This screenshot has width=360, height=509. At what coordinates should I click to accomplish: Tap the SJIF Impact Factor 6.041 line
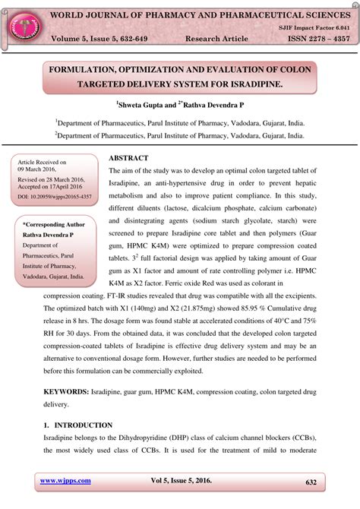coord(314,26)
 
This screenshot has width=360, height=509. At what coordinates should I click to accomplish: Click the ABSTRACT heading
coord(133,157)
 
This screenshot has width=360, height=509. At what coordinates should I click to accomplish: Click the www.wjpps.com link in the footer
coord(65,482)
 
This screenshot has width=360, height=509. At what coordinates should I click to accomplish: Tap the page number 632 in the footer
coord(311,482)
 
